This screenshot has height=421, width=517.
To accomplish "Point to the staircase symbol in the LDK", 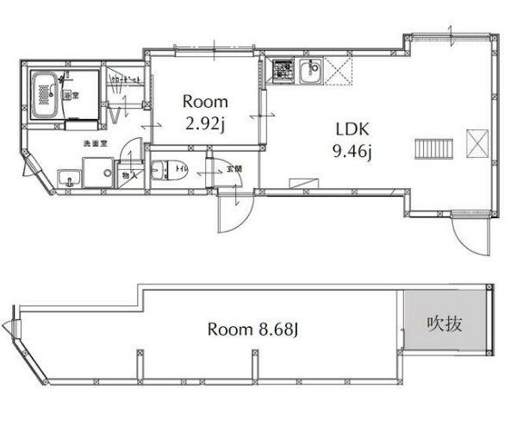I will coord(428,148).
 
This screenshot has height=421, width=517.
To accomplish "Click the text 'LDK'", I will coord(352,130).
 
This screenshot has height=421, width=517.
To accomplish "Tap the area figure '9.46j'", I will coord(352,154).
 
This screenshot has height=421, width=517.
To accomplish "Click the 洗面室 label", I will coord(94,141).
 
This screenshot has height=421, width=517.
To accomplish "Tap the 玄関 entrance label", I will coord(234,169).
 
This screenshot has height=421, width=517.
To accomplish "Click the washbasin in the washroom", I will coord(68,179).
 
